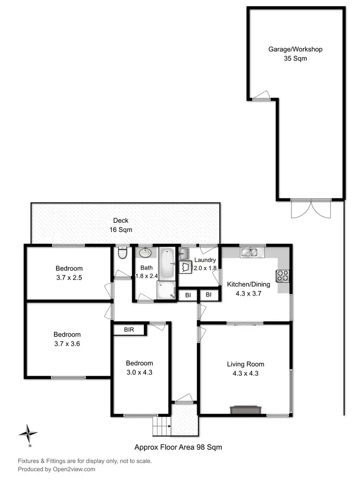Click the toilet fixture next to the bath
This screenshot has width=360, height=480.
tap(121, 253)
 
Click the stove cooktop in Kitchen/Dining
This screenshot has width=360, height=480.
tap(282, 276)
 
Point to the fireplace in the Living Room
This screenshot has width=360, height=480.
tap(245, 409)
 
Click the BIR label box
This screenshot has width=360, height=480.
tap(129, 330)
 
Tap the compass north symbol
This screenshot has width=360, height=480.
tap(28, 433)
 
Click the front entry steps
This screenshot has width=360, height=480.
tap(162, 426)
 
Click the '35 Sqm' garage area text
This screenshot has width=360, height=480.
tap(295, 59)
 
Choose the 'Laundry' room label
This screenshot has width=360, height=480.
tap(205, 260)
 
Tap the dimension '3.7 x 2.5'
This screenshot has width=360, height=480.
tap(69, 277)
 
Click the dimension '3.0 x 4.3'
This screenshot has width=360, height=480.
tap(139, 372)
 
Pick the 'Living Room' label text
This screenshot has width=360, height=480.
tap(245, 364)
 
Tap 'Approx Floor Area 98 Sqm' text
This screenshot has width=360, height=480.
tap(178, 447)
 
